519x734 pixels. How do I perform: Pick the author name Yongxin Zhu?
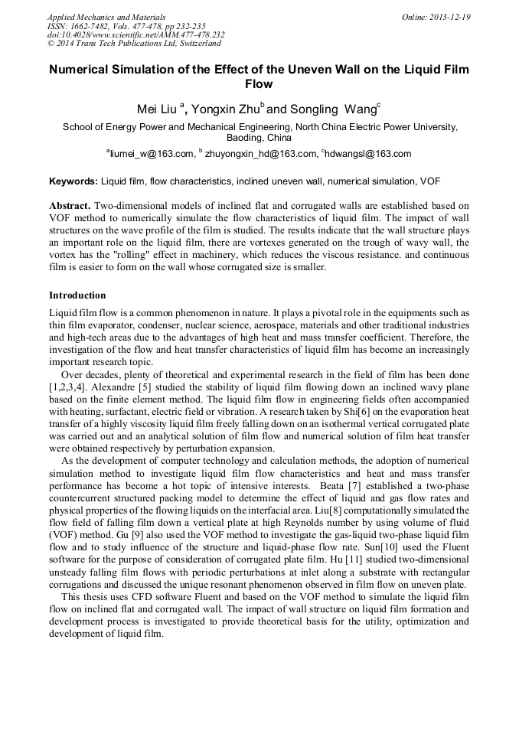[x=224, y=109]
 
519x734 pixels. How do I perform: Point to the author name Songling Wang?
[x=330, y=109]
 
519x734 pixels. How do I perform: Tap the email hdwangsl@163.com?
[x=368, y=154]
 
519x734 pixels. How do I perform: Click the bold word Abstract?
[x=69, y=207]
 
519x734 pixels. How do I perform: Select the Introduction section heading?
[x=77, y=295]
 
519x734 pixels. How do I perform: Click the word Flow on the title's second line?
[x=259, y=84]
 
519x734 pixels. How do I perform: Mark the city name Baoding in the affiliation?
[x=246, y=139]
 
